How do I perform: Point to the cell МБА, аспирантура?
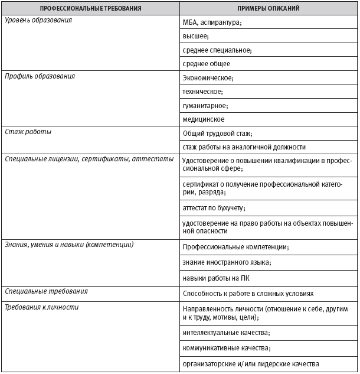click(212, 22)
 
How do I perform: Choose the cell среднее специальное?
click(217, 50)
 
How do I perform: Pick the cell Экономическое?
click(208, 78)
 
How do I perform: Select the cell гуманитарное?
click(205, 106)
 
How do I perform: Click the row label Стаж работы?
click(28, 132)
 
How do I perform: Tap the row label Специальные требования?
click(46, 292)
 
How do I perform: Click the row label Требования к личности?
click(41, 307)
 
